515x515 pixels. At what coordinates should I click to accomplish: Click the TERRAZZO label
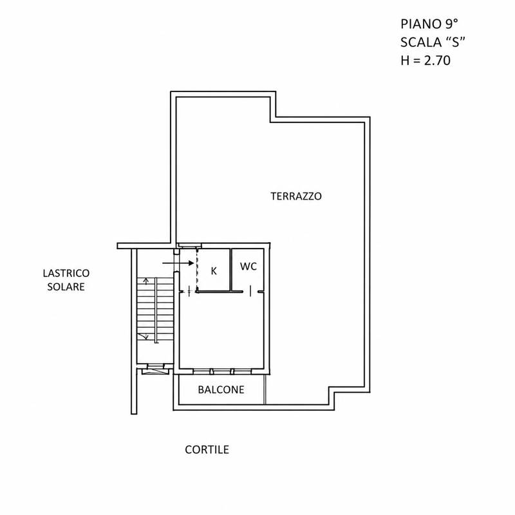coord(296,196)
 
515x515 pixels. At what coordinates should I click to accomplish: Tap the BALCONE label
coord(221,389)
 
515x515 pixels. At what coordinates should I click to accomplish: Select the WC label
coord(248,267)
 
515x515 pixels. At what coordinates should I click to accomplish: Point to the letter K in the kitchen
coord(214,271)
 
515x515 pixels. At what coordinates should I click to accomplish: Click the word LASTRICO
coord(66,273)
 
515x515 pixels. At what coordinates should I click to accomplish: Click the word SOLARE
coord(66,286)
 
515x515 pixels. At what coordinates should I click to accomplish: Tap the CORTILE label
coord(207,449)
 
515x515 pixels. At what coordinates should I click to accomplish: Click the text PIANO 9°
coord(429,24)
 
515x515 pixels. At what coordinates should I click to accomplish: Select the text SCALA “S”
coord(433,42)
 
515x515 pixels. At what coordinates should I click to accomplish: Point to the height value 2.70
coord(437,61)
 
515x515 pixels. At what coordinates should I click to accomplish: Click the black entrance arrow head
coord(191,263)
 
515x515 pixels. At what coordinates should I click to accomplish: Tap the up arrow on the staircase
coord(147,281)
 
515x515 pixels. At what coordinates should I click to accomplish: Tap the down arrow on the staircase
coord(144,335)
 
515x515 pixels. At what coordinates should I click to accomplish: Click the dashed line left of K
coord(197,270)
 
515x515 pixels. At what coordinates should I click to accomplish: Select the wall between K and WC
coord(230,270)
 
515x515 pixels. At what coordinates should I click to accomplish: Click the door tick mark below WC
coord(250,291)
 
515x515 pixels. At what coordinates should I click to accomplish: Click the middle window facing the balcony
coord(221,371)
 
